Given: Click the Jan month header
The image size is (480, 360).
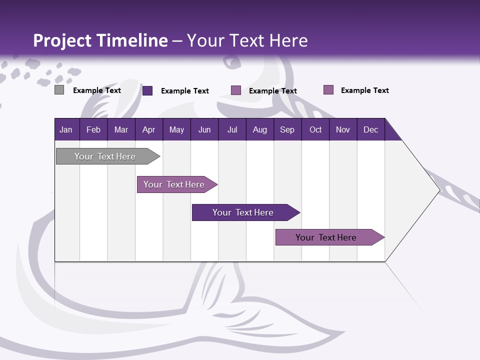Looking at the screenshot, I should pyautogui.click(x=66, y=129).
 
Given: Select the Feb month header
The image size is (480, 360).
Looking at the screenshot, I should pyautogui.click(x=93, y=129).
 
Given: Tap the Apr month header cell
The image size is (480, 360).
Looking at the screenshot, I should pyautogui.click(x=148, y=129).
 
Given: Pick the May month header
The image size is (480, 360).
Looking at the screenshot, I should pyautogui.click(x=176, y=129).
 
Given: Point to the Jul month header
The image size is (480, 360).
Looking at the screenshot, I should pyautogui.click(x=232, y=129).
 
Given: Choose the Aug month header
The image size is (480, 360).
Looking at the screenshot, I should pyautogui.click(x=259, y=129).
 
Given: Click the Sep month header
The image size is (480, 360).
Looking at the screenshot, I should pyautogui.click(x=287, y=129).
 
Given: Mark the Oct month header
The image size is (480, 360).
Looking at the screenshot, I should pyautogui.click(x=315, y=129).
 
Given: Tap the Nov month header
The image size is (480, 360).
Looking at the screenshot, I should pyautogui.click(x=343, y=129).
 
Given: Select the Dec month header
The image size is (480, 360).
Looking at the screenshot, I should pyautogui.click(x=370, y=129).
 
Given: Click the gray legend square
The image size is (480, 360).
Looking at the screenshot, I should pyautogui.click(x=59, y=90).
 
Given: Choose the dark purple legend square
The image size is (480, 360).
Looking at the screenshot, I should pyautogui.click(x=147, y=90).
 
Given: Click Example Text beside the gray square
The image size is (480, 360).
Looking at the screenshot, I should pyautogui.click(x=97, y=90).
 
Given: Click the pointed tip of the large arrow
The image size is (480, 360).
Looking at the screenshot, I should pyautogui.click(x=438, y=190).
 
